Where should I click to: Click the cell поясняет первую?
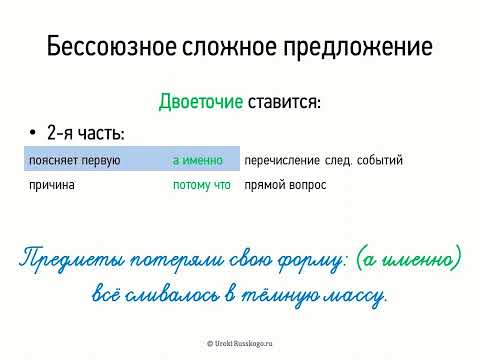pyautogui.click(x=75, y=160)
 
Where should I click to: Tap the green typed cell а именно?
pyautogui.click(x=199, y=160)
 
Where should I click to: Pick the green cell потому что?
pyautogui.click(x=201, y=185)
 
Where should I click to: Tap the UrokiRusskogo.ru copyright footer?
pyautogui.click(x=240, y=342)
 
